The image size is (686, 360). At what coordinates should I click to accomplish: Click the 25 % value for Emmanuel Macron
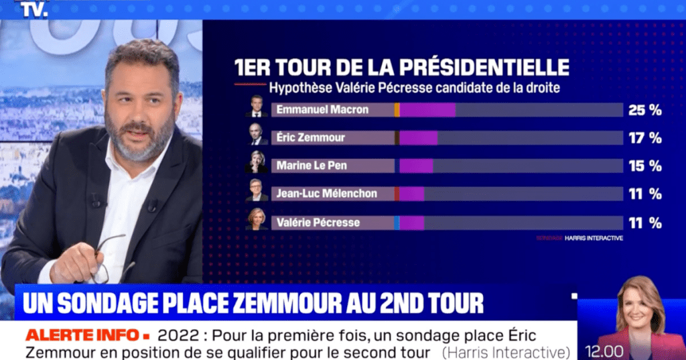coord(644,110)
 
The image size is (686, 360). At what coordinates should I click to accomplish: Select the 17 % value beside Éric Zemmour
coord(644,137)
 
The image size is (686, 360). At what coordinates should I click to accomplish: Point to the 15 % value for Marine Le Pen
coord(644,166)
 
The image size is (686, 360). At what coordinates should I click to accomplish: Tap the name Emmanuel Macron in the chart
coord(322,109)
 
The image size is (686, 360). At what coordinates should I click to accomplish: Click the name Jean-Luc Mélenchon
coord(327,193)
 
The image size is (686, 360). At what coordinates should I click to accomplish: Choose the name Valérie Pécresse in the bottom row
coord(318,222)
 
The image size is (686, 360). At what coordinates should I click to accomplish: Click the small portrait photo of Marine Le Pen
coord(257,162)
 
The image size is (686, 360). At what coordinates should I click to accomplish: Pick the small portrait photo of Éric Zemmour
coord(257,134)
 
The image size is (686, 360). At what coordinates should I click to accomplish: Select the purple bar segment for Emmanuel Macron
coord(427,109)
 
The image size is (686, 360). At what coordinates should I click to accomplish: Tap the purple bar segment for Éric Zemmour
coord(419,137)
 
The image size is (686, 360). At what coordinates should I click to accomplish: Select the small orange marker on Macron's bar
coord(397,109)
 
